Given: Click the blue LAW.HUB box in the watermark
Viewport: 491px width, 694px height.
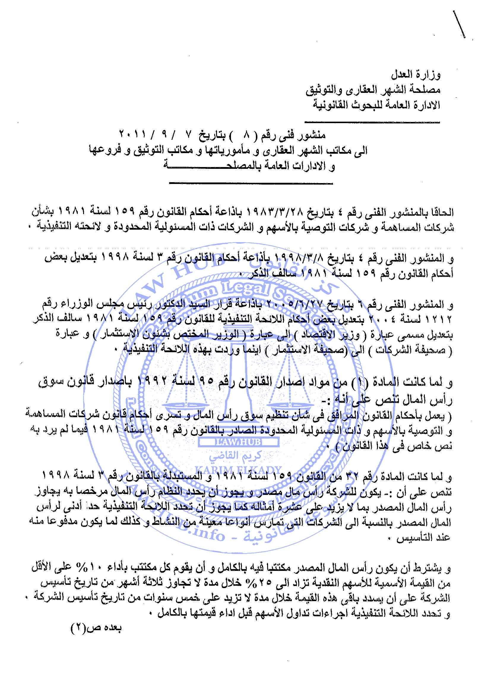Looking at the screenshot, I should (x=239, y=442).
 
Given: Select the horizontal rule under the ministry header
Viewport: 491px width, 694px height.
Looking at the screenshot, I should (x=372, y=122).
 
